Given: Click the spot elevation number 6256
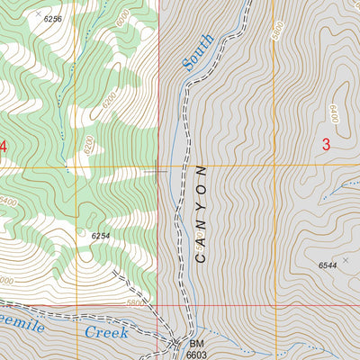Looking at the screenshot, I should [53, 19].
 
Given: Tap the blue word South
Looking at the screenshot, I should [198, 51].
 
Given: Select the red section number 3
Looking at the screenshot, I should [326, 144].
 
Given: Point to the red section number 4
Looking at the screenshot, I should [3, 146].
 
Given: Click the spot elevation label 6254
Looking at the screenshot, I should [101, 235].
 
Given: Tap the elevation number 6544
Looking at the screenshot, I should [328, 265].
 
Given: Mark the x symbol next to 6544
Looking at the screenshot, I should [344, 259].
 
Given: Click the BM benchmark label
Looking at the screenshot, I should [197, 344].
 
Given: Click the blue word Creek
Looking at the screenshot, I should [107, 332].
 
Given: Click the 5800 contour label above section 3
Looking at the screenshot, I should [280, 27].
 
